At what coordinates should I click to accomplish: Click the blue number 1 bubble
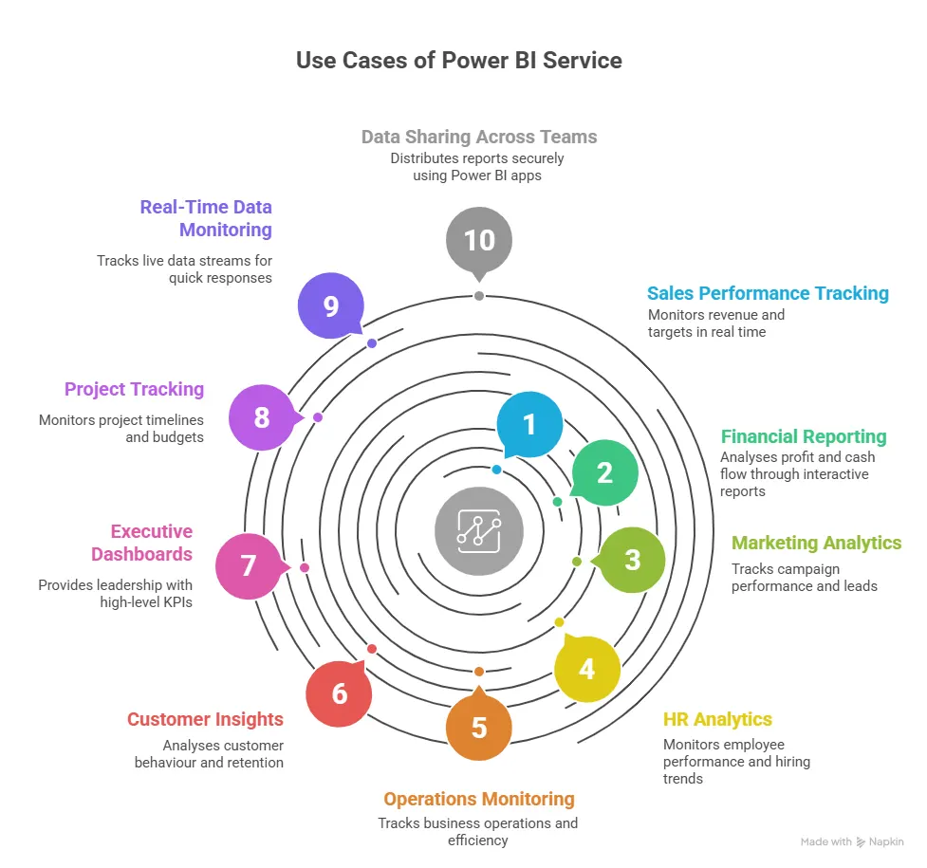point(529,424)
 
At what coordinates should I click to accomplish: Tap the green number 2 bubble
point(604,472)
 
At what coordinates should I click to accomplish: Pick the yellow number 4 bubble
point(587,669)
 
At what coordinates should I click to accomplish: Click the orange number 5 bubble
point(479,728)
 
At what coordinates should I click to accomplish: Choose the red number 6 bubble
point(339,693)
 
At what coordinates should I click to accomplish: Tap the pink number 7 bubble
point(249,566)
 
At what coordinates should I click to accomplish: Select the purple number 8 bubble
point(262,417)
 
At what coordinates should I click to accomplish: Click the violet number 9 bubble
point(331,307)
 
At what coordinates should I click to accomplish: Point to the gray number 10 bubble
point(479,240)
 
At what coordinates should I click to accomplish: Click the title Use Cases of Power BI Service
point(459,61)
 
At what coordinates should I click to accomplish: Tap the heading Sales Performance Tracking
point(768,293)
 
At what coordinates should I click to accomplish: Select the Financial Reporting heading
point(803,436)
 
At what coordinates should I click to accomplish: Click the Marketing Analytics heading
point(816,543)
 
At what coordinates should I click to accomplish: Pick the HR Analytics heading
point(717,719)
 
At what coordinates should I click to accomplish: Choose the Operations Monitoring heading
point(479,799)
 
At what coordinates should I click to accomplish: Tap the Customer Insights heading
point(205,719)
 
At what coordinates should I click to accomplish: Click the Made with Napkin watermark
point(851,841)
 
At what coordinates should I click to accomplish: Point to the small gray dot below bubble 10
point(479,296)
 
